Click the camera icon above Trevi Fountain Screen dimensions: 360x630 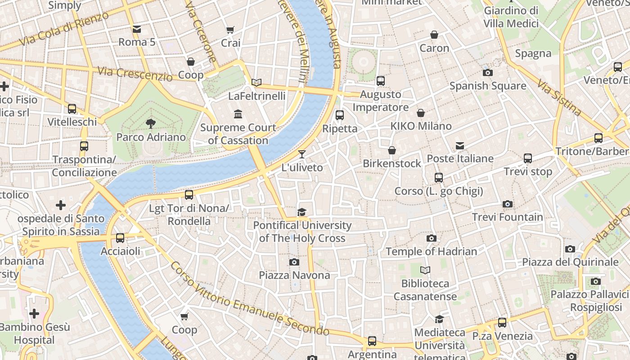[508, 204]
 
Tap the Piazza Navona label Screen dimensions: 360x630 [294, 275]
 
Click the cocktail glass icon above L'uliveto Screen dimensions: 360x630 [302, 154]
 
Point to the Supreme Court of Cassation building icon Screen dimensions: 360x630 [238, 114]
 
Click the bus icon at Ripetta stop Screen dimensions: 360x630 [340, 115]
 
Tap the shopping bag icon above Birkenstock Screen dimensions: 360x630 [392, 150]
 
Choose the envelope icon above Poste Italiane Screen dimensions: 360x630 [460, 145]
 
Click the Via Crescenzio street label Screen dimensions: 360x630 [135, 74]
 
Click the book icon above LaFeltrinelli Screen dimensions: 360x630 [256, 82]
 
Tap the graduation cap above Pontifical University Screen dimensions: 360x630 [302, 212]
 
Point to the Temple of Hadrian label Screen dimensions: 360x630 [432, 252]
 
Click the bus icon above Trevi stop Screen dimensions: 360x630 [528, 158]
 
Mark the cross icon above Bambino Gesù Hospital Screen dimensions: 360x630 [34, 314]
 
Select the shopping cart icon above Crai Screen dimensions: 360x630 [230, 30]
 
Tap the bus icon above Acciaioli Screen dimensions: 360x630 [120, 238]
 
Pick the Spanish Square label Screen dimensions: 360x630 [488, 85]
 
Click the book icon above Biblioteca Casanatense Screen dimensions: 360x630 [425, 270]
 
